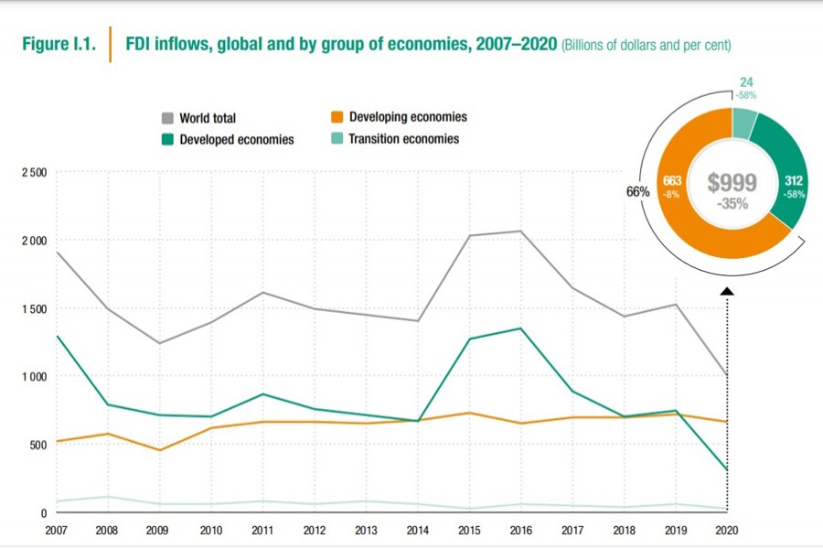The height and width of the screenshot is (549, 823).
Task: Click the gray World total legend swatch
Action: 167,118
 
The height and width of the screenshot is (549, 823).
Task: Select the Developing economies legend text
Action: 408,117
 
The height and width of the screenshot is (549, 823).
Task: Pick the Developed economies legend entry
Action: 237,140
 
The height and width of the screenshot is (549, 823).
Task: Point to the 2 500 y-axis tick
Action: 31,172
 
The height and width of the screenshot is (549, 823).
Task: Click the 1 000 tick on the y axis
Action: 31,376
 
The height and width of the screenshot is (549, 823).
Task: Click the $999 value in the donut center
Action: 732,183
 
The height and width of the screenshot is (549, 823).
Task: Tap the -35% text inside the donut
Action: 732,203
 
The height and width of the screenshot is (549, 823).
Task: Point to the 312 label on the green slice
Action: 792,182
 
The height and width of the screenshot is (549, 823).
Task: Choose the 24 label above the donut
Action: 746,82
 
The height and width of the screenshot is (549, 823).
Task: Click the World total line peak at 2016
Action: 521,231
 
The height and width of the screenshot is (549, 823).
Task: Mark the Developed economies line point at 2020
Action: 727,469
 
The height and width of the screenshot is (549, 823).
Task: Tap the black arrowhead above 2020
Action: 727,292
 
